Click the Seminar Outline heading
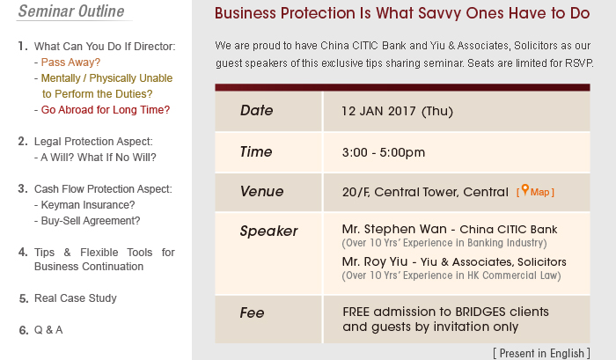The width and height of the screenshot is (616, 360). tap(71, 11)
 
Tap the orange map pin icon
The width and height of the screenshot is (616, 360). tap(524, 190)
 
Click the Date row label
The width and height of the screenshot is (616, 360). tap(256, 110)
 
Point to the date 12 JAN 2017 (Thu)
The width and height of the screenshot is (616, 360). tap(397, 111)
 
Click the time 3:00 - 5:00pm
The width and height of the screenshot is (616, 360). tap(384, 152)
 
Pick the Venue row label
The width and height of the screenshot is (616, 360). tap(261, 191)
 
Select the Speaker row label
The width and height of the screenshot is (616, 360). tap(268, 231)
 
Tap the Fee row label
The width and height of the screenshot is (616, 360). tap(252, 312)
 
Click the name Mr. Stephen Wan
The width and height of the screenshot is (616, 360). tap(394, 229)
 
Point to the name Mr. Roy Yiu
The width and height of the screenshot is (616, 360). tap(374, 261)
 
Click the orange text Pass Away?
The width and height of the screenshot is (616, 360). tap(70, 62)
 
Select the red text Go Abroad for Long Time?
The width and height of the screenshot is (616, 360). tap(106, 110)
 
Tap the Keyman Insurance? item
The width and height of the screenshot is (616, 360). tap(88, 205)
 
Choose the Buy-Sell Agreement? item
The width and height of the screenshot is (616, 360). tap(91, 221)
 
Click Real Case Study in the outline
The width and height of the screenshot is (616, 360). tap(76, 298)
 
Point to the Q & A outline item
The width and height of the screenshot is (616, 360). tap(48, 330)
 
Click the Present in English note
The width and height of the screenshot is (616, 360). tap(541, 353)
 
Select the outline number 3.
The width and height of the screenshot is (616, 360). tap(23, 189)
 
